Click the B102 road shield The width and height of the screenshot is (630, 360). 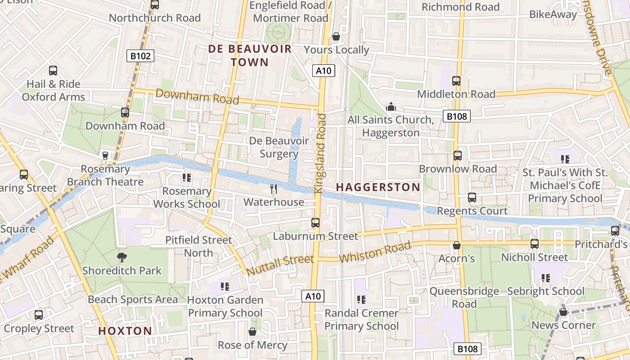coord(140,56)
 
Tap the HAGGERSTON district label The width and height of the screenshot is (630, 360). coord(378,187)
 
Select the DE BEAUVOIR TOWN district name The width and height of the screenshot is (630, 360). coord(250,55)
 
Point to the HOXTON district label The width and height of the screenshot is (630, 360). coord(125,331)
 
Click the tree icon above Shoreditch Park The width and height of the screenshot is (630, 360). coord(121,257)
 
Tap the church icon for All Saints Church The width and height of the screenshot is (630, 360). coord(391,107)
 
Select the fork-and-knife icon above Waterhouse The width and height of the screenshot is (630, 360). coord(274,189)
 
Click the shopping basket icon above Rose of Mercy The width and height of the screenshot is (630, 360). coord(252,332)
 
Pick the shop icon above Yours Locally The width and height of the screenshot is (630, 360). coord(336,36)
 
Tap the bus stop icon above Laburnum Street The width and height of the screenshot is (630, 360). coord(315,222)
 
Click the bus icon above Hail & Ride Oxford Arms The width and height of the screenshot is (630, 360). coord(53,71)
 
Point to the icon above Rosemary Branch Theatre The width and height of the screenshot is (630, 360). coord(105,156)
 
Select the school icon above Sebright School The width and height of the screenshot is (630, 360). coord(546,278)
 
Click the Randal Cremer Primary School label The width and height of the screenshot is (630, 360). coord(361,319)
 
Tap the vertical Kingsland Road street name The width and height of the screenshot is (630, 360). coord(320,153)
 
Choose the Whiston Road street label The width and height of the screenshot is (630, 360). coord(375,252)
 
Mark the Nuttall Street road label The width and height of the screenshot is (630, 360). coord(280,265)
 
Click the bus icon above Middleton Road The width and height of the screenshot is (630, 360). coord(456,81)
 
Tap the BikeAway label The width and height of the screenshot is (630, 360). coord(553,14)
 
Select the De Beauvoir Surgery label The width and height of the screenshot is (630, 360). coord(279,147)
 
